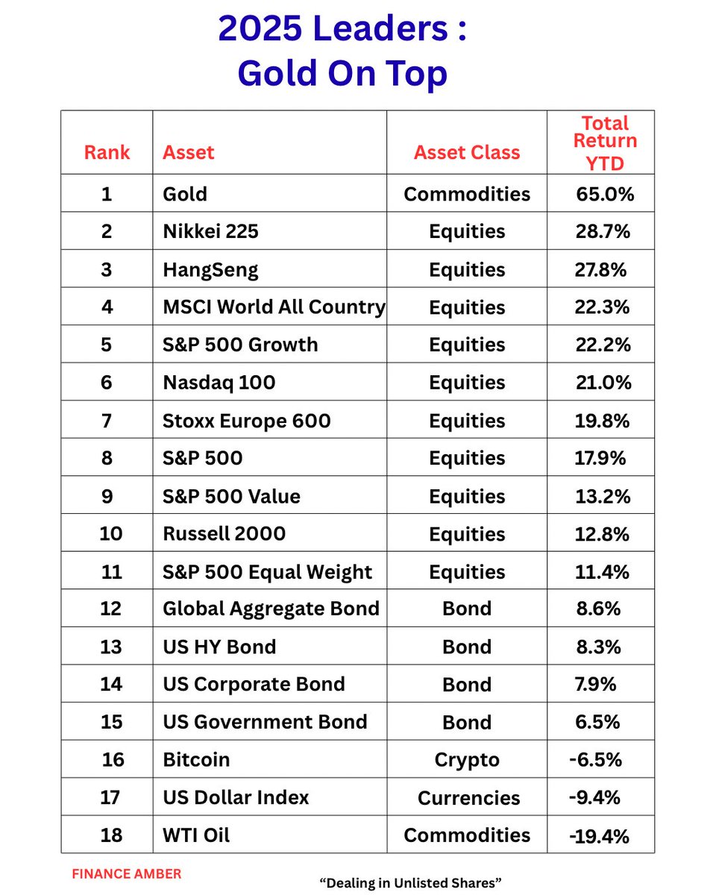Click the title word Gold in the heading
[x=278, y=73]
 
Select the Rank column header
[x=107, y=153]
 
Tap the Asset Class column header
[x=467, y=153]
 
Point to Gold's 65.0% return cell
[x=605, y=195]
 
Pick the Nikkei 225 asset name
[x=210, y=232]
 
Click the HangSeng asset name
[x=210, y=269]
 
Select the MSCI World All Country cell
[x=274, y=307]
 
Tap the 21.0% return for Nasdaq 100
[x=603, y=383]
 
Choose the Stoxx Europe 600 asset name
[x=246, y=421]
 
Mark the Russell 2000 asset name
[x=224, y=534]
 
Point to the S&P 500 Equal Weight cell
[x=267, y=572]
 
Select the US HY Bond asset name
[x=219, y=647]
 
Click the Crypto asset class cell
[x=467, y=760]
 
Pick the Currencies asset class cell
[x=468, y=798]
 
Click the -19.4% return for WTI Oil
[x=600, y=836]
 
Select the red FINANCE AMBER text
[x=126, y=873]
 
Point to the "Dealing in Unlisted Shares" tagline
[x=410, y=883]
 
